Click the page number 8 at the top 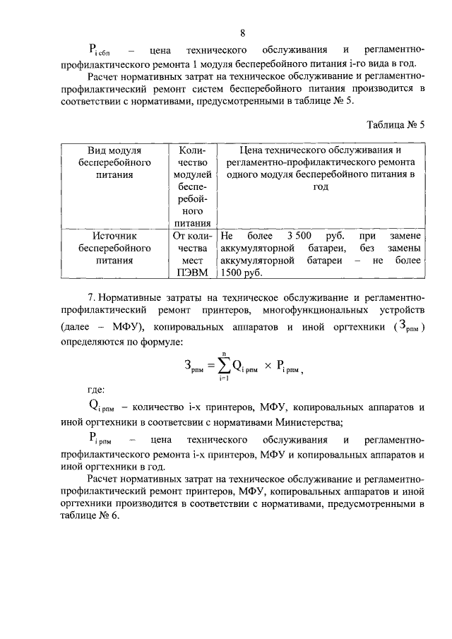tap(243, 33)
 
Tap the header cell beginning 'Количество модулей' tap(192, 186)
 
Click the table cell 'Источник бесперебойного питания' tap(114, 248)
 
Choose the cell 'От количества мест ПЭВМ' tap(192, 254)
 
